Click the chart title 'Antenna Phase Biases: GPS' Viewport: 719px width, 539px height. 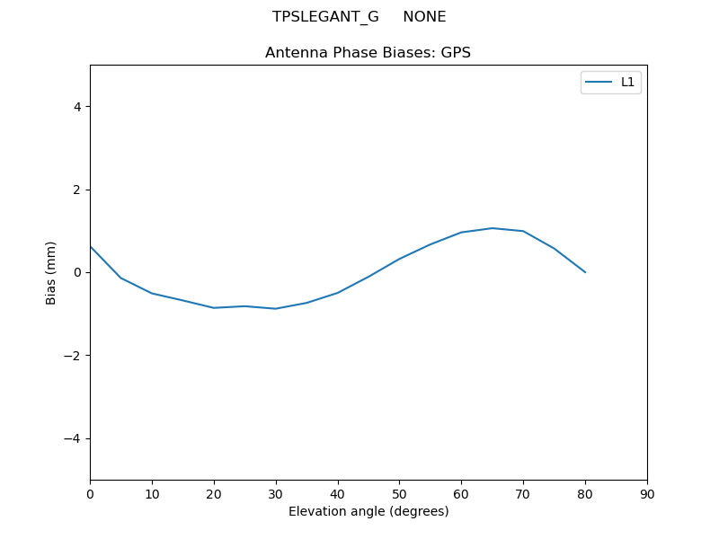coord(368,53)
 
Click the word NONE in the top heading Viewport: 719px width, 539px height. coord(424,17)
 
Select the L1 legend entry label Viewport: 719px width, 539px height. coord(628,82)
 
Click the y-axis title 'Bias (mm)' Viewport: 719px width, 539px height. coord(51,272)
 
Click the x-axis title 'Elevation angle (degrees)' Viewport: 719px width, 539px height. coord(368,511)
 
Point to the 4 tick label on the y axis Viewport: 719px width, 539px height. coord(76,107)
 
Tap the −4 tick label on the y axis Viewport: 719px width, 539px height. coord(73,438)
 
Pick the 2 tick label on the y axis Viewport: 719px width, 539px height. coord(76,190)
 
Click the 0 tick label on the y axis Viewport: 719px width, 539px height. coord(76,272)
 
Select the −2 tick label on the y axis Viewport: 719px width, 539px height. coord(73,356)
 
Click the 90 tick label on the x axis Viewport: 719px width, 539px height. coord(647,494)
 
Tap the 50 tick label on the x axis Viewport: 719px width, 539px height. coord(399,494)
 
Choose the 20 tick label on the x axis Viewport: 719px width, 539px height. coord(214,494)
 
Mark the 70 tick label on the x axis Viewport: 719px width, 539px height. coord(523,494)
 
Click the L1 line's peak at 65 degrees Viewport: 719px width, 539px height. coord(493,228)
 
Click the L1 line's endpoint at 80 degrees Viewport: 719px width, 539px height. coord(585,272)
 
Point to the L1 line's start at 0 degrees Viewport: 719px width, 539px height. coord(91,246)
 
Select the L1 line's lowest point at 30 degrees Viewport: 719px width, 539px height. coord(276,309)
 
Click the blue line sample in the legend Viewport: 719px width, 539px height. coord(599,82)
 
